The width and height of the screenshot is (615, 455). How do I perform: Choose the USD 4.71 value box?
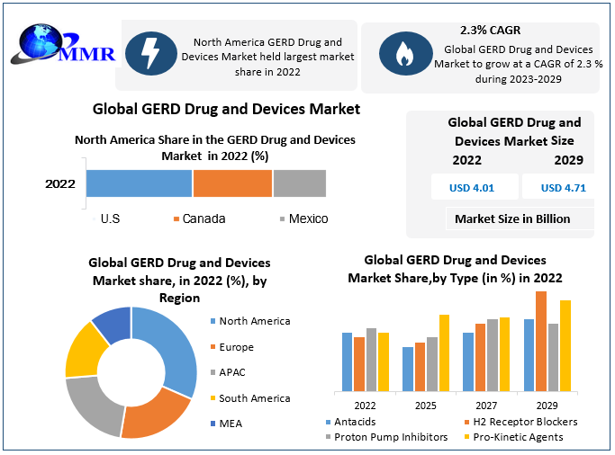[563, 188]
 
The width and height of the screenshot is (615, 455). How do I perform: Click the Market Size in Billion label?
[511, 219]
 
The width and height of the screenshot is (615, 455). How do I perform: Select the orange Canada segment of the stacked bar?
[232, 183]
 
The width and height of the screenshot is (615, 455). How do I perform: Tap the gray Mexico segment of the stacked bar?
[299, 183]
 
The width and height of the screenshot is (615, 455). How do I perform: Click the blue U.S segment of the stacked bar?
[140, 183]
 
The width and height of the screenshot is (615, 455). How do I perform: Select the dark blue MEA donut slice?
[113, 324]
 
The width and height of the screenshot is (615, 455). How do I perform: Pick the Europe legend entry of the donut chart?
[236, 347]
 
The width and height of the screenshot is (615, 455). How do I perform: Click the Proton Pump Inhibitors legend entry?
[391, 437]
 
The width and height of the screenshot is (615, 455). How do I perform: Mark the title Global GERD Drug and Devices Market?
[227, 109]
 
